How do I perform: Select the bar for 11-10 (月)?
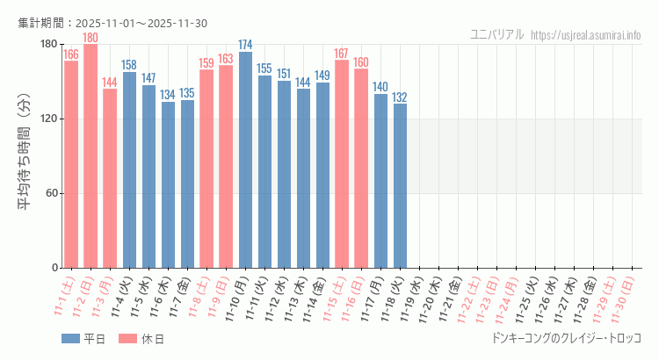coord(245,160)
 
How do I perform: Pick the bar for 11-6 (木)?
coord(168,185)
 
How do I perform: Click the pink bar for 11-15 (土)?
coord(342,164)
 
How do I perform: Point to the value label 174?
coord(245,45)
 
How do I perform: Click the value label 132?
coord(400,97)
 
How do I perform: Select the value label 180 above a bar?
coord(91,38)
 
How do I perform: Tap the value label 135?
coord(187,93)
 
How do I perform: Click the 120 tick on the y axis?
coord(48,119)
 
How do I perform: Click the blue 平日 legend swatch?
coord(70,339)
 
